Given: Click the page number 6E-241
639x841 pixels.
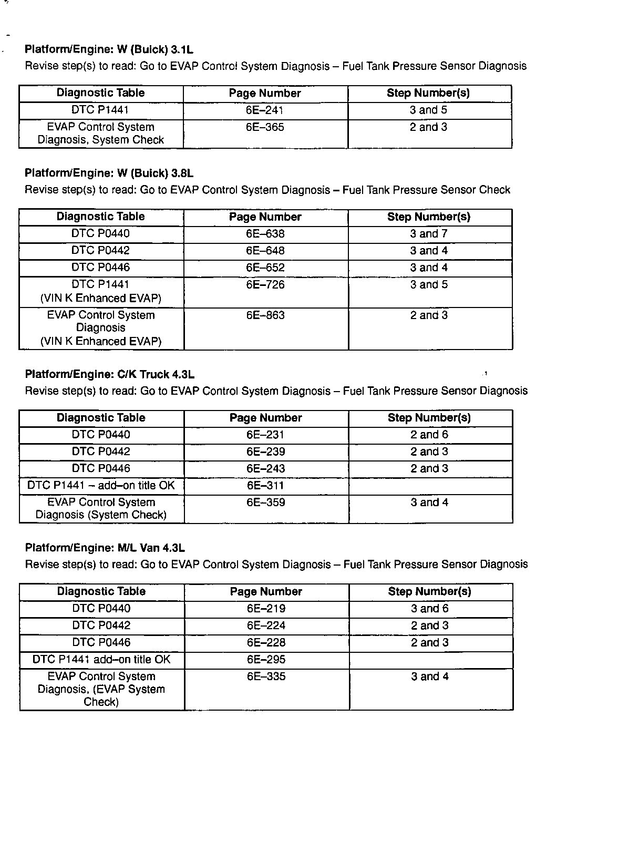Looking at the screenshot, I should pyautogui.click(x=265, y=110).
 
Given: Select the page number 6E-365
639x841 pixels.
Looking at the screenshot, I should pyautogui.click(x=265, y=127).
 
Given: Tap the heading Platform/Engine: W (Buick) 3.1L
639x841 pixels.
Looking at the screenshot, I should pyautogui.click(x=109, y=50).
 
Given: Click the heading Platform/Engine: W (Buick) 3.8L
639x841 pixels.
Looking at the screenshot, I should pyautogui.click(x=109, y=173).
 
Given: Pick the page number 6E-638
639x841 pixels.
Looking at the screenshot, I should pyautogui.click(x=265, y=234).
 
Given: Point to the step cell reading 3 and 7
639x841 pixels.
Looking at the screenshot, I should pyautogui.click(x=429, y=234).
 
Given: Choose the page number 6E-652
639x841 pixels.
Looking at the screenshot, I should pyautogui.click(x=265, y=268).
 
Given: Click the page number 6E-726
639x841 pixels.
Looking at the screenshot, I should pyautogui.click(x=265, y=285).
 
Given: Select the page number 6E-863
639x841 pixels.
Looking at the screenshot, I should pyautogui.click(x=265, y=315).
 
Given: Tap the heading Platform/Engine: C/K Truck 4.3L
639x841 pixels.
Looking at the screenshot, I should pyautogui.click(x=110, y=375).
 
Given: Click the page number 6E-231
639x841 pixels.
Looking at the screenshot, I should pyautogui.click(x=265, y=435).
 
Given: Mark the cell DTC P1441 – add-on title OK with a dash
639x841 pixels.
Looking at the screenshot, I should pyautogui.click(x=101, y=486).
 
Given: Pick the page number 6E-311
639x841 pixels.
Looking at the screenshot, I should pyautogui.click(x=265, y=486).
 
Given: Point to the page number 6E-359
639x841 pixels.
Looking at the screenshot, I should pyautogui.click(x=266, y=502).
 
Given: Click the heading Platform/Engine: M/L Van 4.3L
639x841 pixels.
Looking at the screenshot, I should pyautogui.click(x=105, y=548).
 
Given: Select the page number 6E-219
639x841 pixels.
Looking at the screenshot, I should pyautogui.click(x=266, y=609).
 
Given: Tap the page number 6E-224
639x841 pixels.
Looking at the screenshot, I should pyautogui.click(x=266, y=625).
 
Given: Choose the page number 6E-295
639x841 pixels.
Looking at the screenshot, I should pyautogui.click(x=266, y=660).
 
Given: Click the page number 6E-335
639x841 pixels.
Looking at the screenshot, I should pyautogui.click(x=266, y=676).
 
